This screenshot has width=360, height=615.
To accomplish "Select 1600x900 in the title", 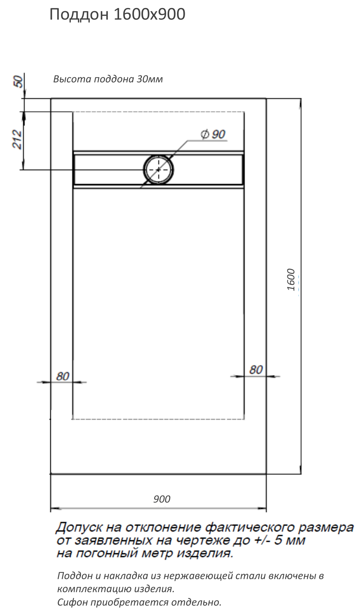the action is (x=150, y=14).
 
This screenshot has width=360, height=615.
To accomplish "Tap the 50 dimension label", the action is (x=19, y=82).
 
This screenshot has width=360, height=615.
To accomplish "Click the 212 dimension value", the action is (x=17, y=139).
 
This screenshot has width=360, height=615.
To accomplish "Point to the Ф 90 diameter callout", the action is (x=213, y=134).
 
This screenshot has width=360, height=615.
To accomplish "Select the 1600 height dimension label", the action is (x=291, y=279).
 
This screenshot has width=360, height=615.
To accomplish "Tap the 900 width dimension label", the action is (x=162, y=499).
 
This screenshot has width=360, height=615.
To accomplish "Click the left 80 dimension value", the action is (x=63, y=376).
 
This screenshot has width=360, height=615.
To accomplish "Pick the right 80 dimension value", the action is (x=256, y=370).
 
